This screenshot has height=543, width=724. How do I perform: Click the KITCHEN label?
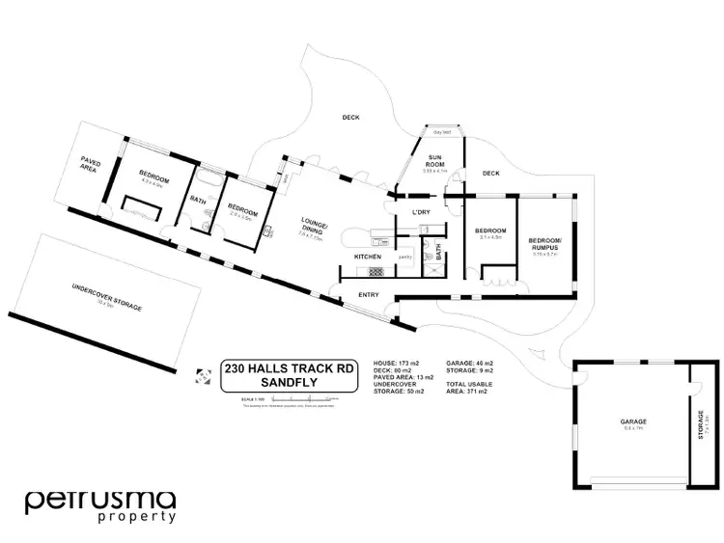click(368, 258)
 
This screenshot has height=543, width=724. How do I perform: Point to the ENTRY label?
click(368, 294)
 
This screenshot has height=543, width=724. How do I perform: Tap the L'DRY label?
click(421, 211)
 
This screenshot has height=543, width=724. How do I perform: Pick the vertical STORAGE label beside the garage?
click(702, 423)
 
